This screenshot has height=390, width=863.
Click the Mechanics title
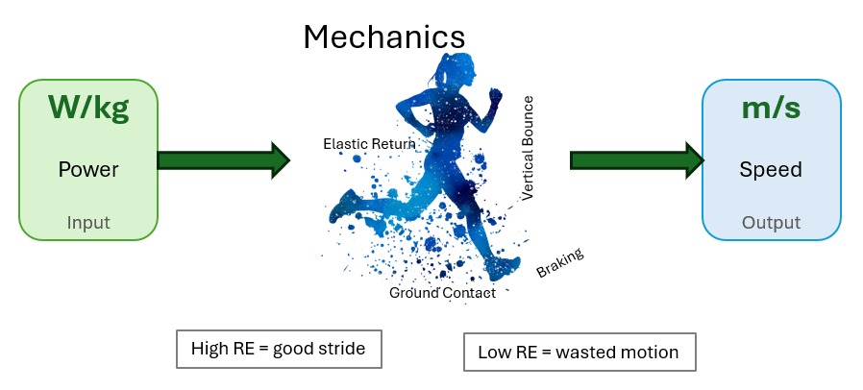[x=384, y=37]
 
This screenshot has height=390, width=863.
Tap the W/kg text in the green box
[x=88, y=107]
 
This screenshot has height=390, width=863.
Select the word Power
[x=88, y=169]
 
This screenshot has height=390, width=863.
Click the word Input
[x=88, y=223]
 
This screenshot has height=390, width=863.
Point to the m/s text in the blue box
[x=771, y=108]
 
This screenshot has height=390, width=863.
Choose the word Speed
[x=771, y=169]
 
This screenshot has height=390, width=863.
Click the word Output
[x=771, y=223]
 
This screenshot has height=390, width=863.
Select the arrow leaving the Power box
[x=224, y=160]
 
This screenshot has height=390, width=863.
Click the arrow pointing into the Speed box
[x=637, y=160]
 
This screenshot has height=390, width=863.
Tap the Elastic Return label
[x=369, y=144]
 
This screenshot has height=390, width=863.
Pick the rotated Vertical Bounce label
[x=528, y=149]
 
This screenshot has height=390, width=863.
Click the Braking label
[x=559, y=263]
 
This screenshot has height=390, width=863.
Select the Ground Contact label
[x=442, y=293]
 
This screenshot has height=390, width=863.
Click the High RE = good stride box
[x=279, y=349]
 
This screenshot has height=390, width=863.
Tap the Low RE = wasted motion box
[x=579, y=352]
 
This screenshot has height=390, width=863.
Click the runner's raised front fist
[x=495, y=96]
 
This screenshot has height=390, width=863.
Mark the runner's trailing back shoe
[x=344, y=206]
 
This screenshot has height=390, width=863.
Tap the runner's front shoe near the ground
[x=502, y=268]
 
